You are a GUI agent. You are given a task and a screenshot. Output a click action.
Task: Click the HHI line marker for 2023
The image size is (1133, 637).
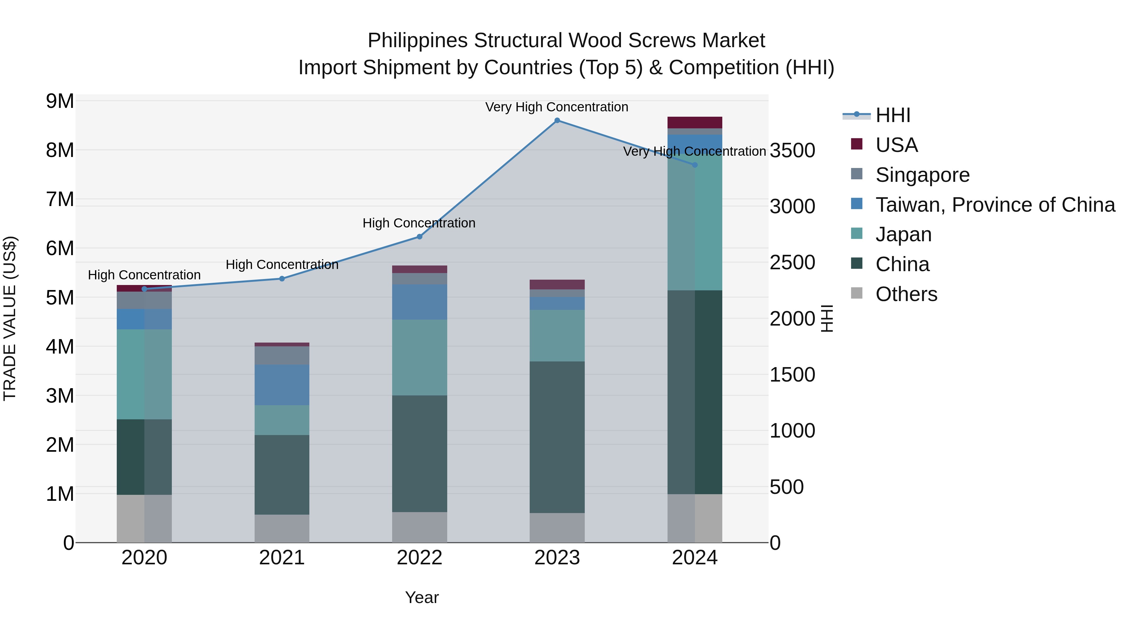(x=557, y=120)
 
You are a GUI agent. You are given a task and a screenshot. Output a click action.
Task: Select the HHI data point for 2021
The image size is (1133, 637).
(x=282, y=279)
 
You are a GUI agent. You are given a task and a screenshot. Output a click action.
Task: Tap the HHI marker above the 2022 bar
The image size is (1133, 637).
(x=419, y=237)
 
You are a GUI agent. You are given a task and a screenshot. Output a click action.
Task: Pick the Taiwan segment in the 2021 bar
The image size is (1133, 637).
(x=282, y=385)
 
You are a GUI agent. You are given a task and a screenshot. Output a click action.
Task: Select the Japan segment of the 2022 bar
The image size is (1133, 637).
(x=419, y=357)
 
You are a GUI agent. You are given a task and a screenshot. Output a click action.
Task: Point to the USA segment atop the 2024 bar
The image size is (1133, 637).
(x=695, y=123)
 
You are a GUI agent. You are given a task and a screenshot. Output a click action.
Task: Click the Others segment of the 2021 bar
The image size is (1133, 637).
(x=282, y=528)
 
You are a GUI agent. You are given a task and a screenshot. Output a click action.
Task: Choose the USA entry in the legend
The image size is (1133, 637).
(x=896, y=145)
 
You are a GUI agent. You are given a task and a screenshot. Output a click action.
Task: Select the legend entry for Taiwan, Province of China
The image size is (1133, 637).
(x=995, y=205)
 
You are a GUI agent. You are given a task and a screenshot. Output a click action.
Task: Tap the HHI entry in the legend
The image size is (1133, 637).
(x=893, y=115)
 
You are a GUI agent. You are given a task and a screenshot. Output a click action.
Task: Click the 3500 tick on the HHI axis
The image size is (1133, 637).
(x=792, y=151)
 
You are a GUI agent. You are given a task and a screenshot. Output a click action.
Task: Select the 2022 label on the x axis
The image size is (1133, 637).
(x=419, y=558)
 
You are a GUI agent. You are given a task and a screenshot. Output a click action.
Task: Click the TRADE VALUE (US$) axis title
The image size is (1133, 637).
(x=10, y=318)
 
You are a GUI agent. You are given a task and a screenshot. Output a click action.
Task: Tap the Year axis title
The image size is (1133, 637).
(x=422, y=597)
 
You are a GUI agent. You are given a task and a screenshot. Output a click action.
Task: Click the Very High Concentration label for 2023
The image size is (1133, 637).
(x=557, y=107)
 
